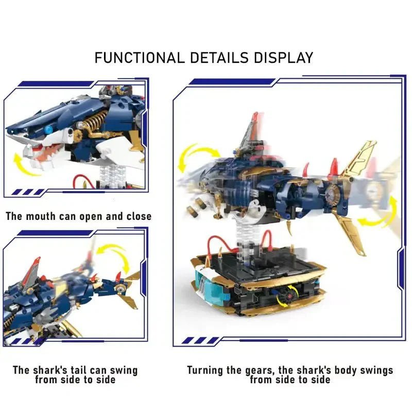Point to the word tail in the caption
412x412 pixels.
point(83,370)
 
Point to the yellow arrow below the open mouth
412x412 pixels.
point(27,165)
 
